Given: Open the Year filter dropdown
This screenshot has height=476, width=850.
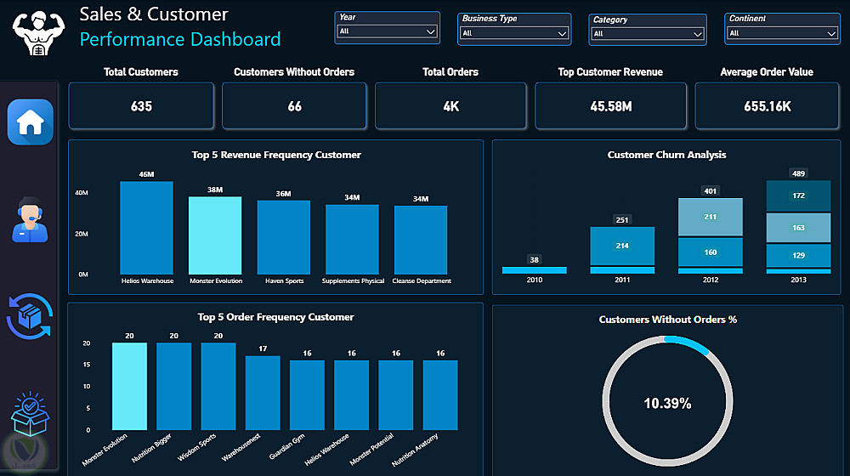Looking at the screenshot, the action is coord(387,31).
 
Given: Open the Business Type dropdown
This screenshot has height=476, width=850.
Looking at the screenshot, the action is coord(514,33).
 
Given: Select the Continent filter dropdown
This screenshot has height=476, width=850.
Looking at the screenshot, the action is coord(782,33).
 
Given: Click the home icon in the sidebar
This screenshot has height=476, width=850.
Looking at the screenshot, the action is coord(31,122).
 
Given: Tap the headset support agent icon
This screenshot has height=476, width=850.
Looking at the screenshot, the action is coord(30,219).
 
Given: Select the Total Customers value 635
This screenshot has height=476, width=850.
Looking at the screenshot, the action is coord(141,106).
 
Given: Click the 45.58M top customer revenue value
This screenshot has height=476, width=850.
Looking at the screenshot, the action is coord(611,106).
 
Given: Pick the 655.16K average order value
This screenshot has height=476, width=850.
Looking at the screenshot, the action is coord(767,106).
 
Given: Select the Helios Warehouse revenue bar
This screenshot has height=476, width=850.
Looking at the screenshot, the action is coord(146,228).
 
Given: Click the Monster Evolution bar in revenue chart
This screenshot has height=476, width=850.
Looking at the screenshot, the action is coord(215,235).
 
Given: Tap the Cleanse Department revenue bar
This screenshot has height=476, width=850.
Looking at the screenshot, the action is coord(421,240).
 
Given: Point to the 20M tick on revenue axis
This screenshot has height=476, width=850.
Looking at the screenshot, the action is coord(82,234).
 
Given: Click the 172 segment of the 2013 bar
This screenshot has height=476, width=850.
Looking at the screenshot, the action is coord(798,195).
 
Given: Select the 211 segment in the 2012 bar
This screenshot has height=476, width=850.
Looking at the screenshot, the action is coord(710,217).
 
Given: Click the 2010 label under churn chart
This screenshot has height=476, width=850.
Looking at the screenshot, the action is coord(535,280).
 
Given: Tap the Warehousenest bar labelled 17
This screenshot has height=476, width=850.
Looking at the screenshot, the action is coord(263,393).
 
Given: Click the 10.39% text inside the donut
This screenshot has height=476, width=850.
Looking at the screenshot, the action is coord(667,404).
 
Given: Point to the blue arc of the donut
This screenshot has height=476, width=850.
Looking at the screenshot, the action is coord(688,343).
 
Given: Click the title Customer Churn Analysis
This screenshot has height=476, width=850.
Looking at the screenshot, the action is coord(666,155).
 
